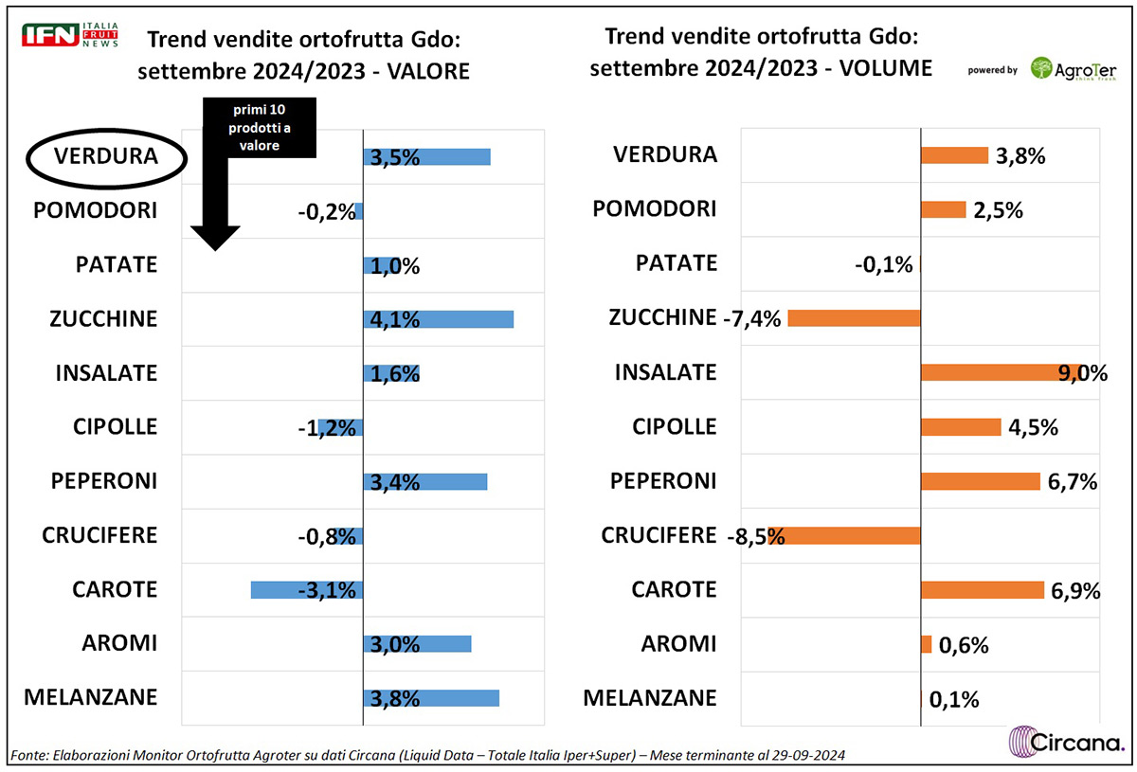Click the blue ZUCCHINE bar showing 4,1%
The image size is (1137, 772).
click(439, 319)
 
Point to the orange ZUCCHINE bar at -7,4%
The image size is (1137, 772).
click(854, 318)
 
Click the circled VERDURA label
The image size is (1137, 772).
click(105, 155)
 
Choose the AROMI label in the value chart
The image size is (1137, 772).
click(118, 643)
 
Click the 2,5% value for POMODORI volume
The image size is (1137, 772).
click(997, 210)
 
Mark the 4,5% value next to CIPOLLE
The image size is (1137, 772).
click(1032, 427)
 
